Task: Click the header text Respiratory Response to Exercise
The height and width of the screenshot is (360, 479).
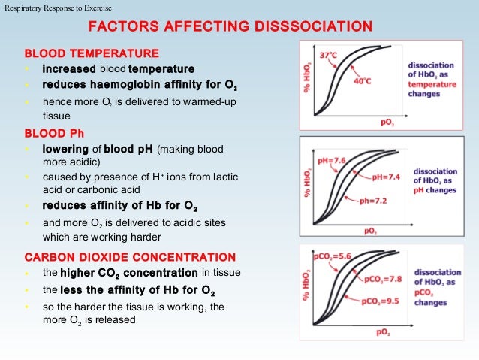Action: pos(57,8)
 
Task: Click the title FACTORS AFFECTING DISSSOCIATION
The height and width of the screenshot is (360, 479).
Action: pos(230,28)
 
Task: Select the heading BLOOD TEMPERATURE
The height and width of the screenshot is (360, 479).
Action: pos(92,54)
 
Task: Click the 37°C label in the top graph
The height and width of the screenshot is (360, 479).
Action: pos(328,56)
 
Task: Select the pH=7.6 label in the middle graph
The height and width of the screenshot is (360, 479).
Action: pos(330,159)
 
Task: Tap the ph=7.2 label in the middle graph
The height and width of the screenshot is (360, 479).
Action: pos(373,201)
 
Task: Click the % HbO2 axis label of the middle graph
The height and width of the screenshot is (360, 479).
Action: pos(308,183)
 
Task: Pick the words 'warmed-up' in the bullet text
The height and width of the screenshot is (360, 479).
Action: pos(212,101)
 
